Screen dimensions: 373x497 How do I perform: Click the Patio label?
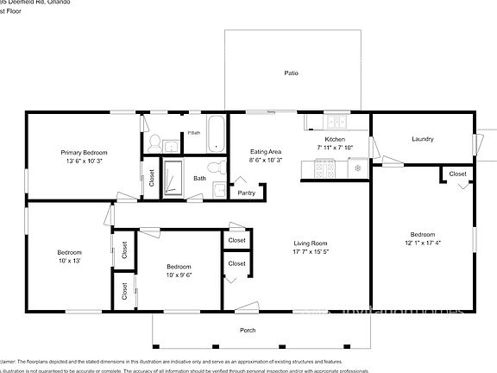click(292, 73)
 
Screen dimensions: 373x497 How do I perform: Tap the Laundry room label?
click(422, 139)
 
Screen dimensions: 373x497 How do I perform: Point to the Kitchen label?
click(335, 139)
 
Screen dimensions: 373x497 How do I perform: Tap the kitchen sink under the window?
click(334, 122)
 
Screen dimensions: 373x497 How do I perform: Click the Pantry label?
click(246, 193)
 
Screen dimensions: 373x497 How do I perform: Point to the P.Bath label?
click(194, 133)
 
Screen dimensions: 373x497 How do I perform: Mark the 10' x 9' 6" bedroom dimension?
click(179, 275)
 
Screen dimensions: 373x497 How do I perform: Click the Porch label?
click(248, 330)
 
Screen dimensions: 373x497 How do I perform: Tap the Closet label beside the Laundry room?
click(457, 174)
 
